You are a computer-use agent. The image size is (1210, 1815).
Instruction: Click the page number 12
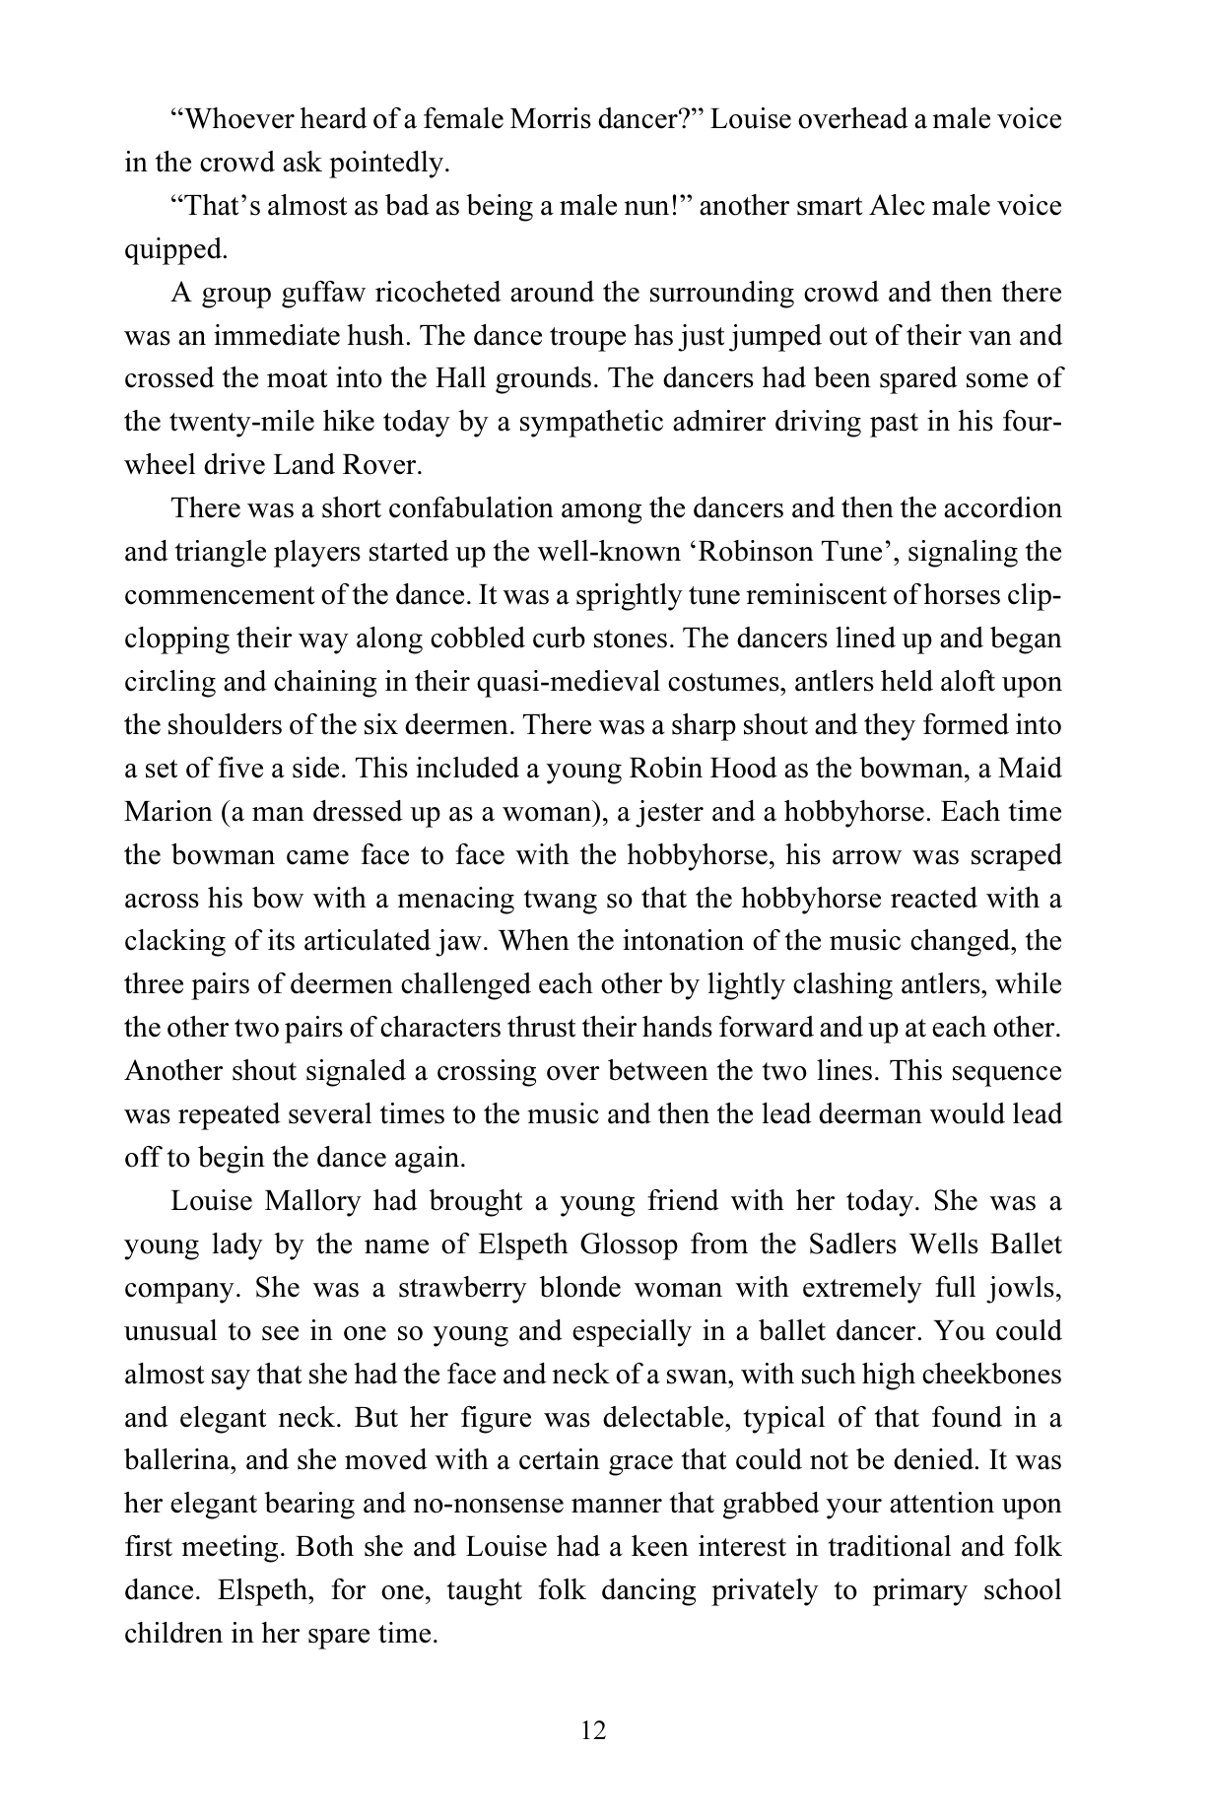coord(593,1729)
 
